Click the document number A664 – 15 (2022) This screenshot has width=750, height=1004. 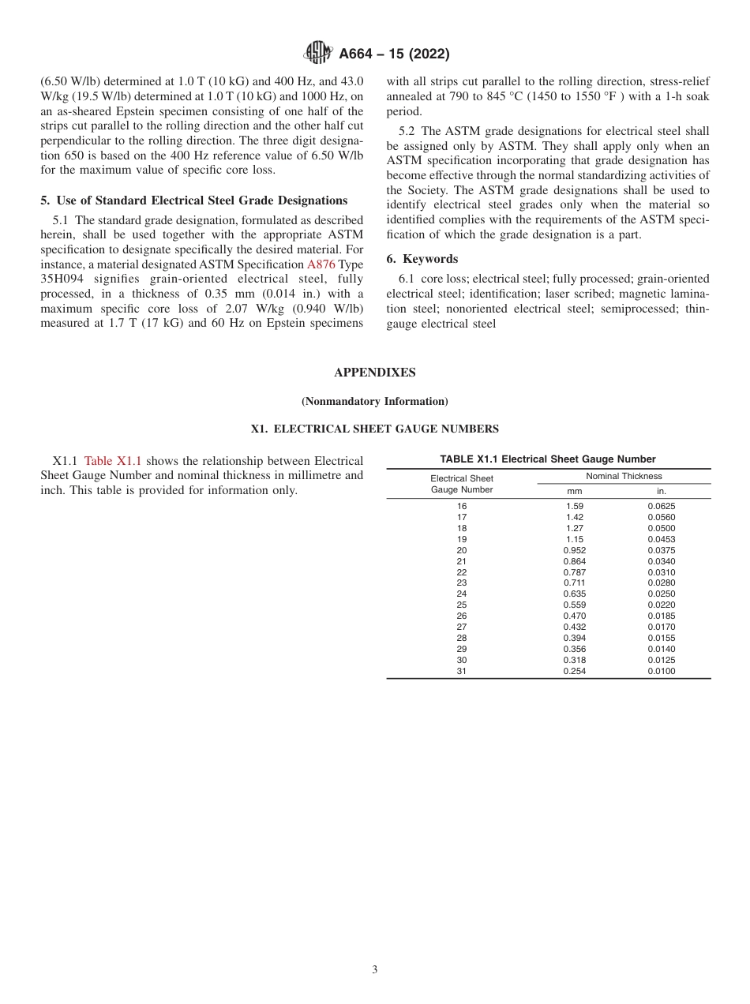click(x=394, y=54)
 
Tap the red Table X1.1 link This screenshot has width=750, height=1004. click(x=114, y=460)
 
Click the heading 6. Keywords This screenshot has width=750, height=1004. click(x=422, y=259)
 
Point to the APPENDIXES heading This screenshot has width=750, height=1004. click(x=374, y=373)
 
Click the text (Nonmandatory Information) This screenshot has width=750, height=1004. click(x=374, y=401)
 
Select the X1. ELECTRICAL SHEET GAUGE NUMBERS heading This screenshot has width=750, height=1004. click(x=374, y=429)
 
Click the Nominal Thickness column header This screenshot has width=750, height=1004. click(x=624, y=476)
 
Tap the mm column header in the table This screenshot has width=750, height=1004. click(x=575, y=490)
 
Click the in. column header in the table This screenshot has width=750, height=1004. click(x=662, y=490)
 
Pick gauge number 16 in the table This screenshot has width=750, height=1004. click(x=462, y=506)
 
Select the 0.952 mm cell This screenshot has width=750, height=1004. click(x=575, y=550)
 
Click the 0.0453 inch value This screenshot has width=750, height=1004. click(x=662, y=539)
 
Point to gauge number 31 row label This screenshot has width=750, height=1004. click(x=462, y=671)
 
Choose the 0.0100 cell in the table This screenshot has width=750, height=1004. click(x=662, y=671)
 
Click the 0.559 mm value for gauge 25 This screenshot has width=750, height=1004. click(x=575, y=605)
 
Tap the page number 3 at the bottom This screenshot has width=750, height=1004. click(x=374, y=970)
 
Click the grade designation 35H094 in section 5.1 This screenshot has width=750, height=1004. click(x=64, y=279)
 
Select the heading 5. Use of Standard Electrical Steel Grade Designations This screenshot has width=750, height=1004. click(x=193, y=200)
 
